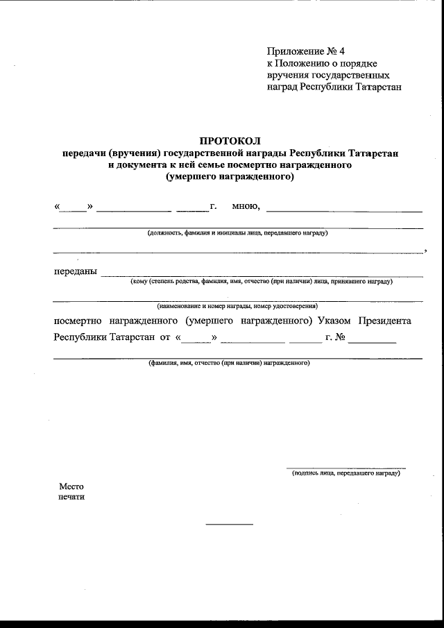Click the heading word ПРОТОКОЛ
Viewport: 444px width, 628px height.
[230, 141]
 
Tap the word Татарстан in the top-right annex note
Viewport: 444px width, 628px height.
[373, 87]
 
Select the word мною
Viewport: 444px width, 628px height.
[246, 206]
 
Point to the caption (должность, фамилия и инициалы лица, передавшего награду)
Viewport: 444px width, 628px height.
[237, 233]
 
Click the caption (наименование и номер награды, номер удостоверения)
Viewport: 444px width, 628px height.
[237, 305]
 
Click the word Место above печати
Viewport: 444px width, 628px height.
[71, 486]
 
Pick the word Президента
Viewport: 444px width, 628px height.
[385, 321]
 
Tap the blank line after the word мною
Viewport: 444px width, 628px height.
[344, 210]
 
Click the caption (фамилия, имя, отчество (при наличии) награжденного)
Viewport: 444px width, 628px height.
[229, 363]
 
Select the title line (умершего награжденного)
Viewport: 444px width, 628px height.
[230, 177]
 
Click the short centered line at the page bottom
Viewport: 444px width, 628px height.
[230, 524]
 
